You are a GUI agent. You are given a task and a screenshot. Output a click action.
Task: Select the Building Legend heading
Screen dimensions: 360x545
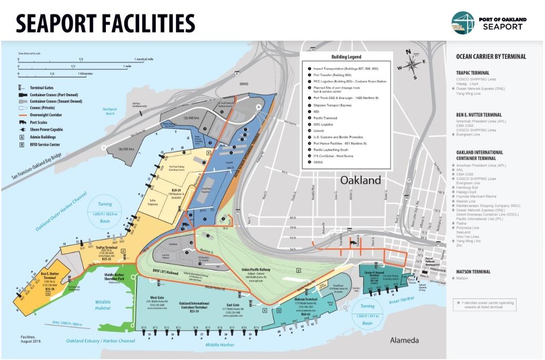[x=346, y=57]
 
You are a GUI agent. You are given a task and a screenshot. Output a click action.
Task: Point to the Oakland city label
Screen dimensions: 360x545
[x=360, y=180]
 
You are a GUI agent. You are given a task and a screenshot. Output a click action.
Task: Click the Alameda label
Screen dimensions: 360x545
[x=404, y=340]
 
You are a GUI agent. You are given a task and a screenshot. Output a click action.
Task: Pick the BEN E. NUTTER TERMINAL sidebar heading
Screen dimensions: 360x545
[x=478, y=114]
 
